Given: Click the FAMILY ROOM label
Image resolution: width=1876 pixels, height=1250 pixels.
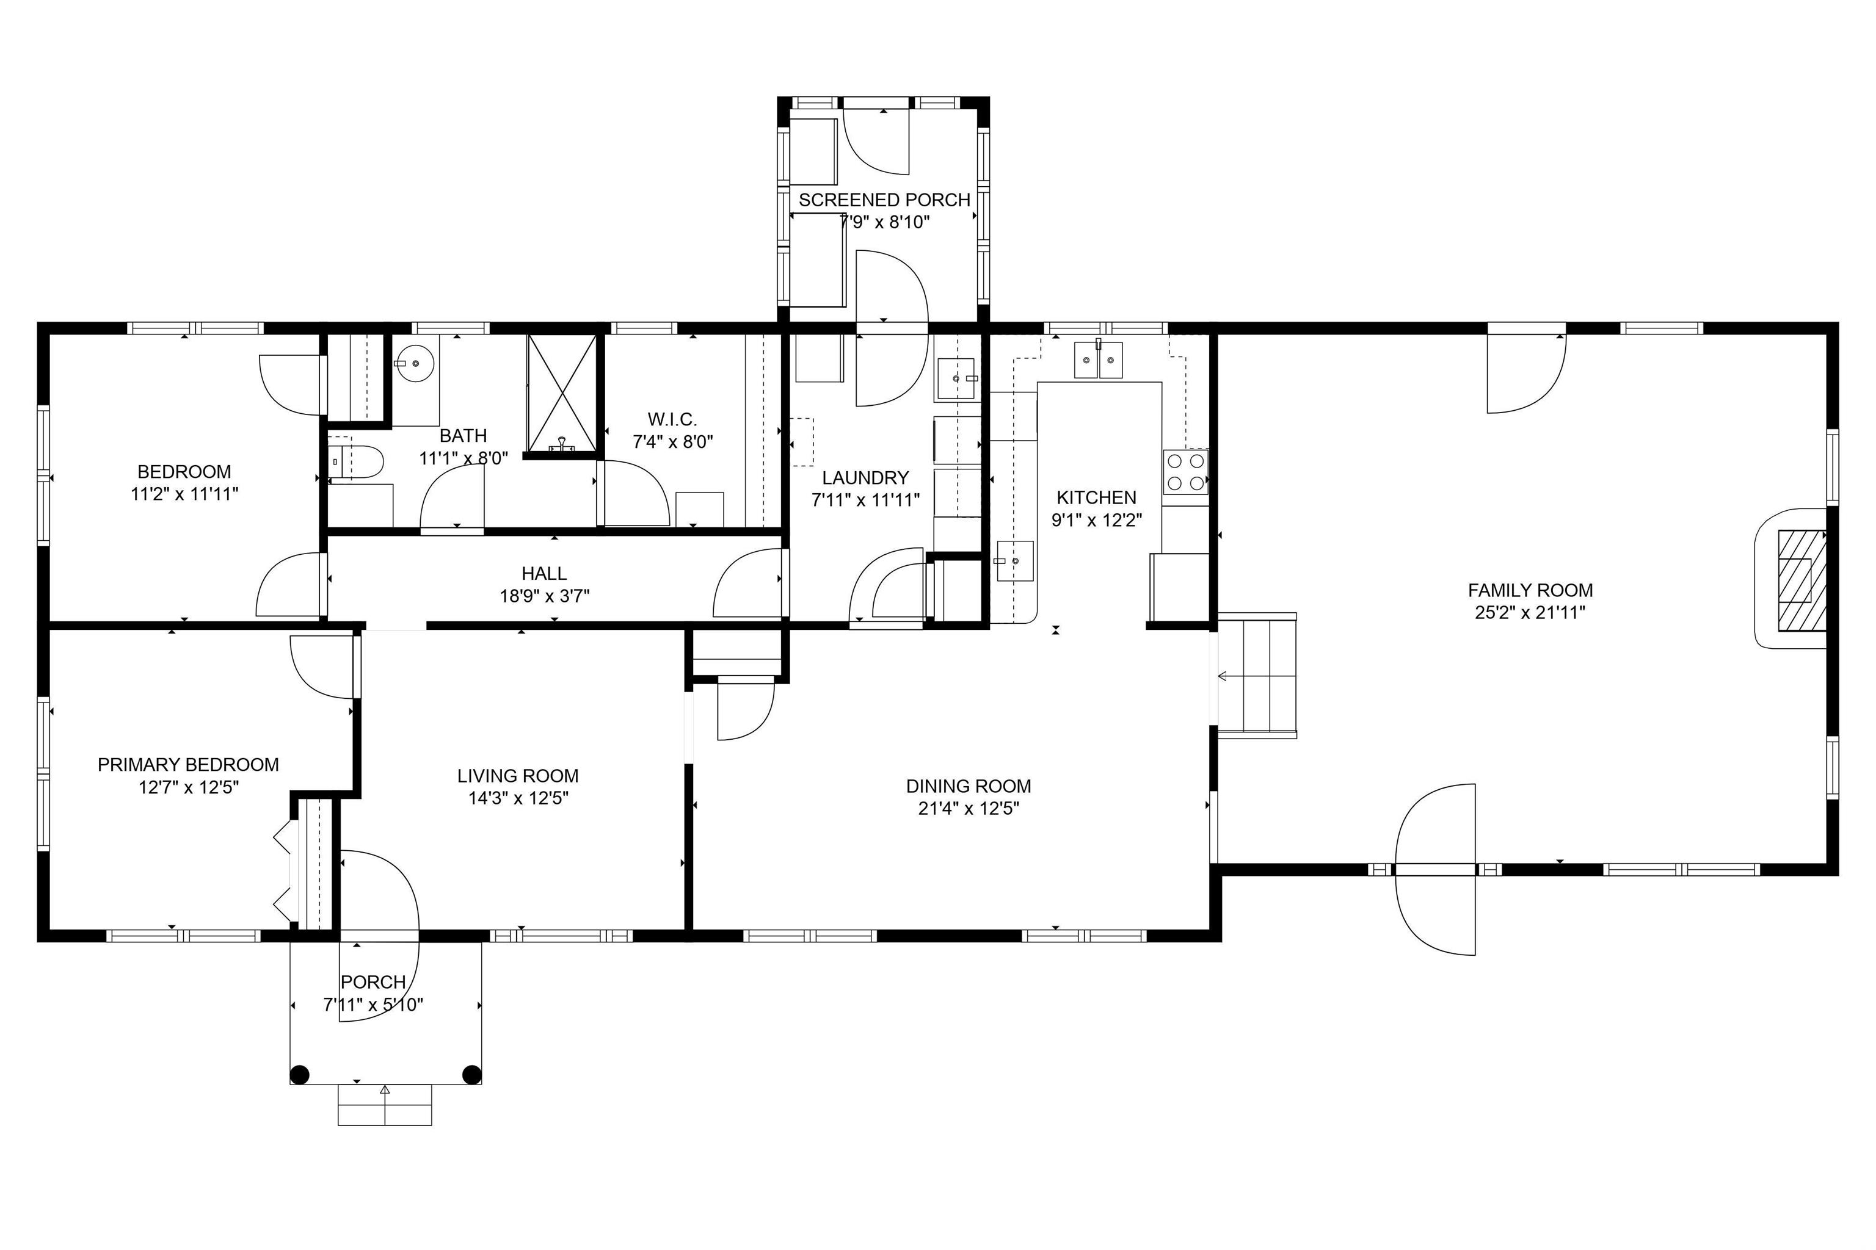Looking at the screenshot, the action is point(1530,591).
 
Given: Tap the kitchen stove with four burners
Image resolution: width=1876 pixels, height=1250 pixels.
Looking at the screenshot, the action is point(1185,472).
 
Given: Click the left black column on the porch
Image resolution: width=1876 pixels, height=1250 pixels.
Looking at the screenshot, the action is point(299,1075).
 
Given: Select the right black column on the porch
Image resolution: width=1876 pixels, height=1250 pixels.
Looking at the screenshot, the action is point(472,1075).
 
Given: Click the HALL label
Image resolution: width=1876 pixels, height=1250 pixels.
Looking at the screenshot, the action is point(544,573).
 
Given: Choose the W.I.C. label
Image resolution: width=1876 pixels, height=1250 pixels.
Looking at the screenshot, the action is point(672,419).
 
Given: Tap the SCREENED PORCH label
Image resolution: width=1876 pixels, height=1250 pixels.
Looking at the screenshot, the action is point(884,200).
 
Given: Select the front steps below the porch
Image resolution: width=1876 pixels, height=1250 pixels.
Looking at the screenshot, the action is point(385,1105).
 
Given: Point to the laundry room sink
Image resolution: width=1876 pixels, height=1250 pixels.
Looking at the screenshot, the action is point(957,378).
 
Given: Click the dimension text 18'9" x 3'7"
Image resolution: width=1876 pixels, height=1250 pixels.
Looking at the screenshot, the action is point(545,596).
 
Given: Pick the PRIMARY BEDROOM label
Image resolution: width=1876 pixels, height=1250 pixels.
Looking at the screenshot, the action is point(188,765).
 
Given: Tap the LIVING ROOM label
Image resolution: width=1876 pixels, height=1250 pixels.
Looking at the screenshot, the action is point(518,776).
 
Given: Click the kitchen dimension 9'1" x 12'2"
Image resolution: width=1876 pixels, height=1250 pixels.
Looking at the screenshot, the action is point(1097,521).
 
